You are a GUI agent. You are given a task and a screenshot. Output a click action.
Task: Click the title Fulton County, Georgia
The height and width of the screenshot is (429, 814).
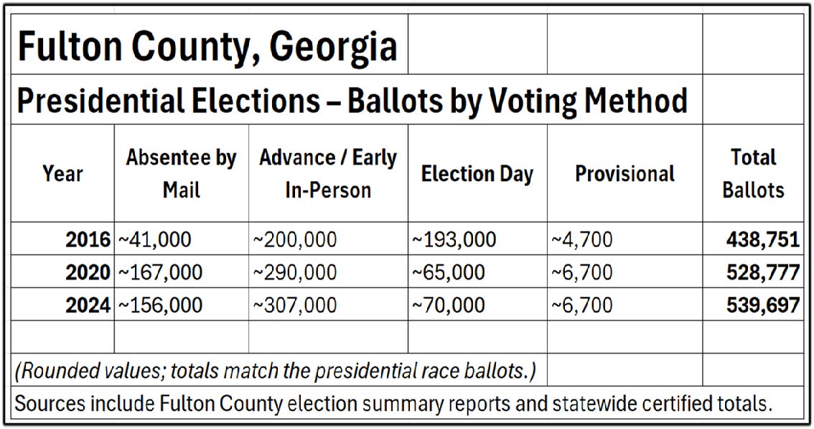207,47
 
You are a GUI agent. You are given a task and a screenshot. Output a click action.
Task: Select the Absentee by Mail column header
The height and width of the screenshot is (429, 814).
181,173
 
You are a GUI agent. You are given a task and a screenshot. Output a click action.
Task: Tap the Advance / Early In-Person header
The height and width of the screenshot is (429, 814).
327,173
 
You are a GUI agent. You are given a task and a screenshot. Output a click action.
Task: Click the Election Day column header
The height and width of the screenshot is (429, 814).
477,174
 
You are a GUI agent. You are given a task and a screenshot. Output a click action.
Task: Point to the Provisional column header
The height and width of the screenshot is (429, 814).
624,174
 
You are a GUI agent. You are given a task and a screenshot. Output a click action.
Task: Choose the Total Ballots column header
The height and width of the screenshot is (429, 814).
753,173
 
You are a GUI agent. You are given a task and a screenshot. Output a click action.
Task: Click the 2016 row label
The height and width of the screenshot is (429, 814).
88,239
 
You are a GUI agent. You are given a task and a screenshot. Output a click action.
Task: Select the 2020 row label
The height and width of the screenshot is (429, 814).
88,272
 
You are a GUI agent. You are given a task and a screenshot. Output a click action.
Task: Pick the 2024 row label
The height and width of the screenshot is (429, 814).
88,305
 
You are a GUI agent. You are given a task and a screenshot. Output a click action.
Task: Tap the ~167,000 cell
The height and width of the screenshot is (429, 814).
160,272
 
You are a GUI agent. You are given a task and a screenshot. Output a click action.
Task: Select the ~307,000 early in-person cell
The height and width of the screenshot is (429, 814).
294,305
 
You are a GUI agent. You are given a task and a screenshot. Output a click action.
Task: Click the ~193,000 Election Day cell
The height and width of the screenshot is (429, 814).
454,239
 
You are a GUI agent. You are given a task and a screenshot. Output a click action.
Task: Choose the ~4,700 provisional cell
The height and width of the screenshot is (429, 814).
582,239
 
